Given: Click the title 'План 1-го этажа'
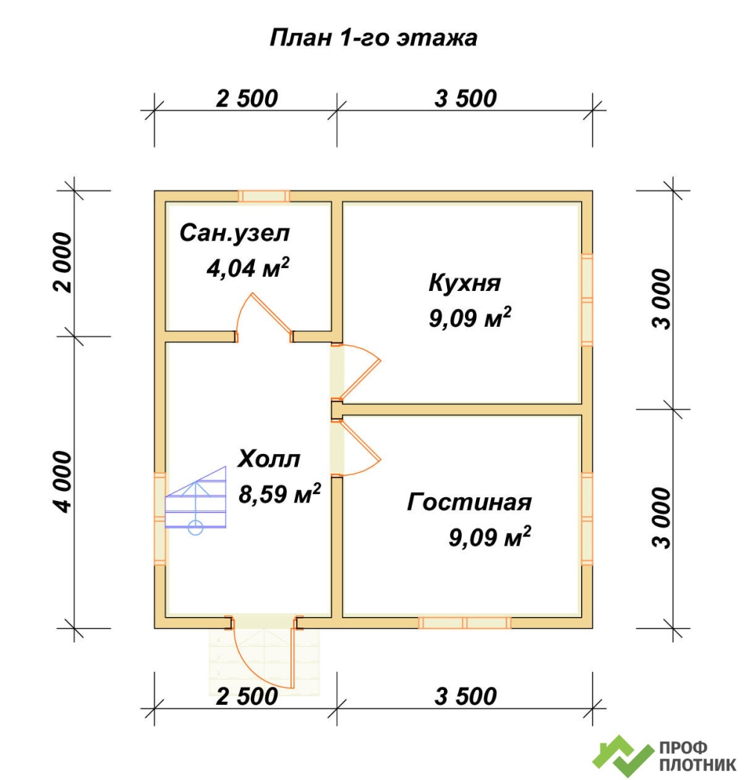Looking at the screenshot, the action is [x=373, y=38].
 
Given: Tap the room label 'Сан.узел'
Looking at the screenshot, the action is [x=235, y=233].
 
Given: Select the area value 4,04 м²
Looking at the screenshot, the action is [x=247, y=268].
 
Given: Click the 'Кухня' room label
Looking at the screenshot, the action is [x=465, y=283].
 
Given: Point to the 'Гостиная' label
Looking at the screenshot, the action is [x=469, y=502].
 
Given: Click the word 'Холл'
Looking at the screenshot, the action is [x=269, y=458].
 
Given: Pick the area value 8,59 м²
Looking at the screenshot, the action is [x=279, y=493].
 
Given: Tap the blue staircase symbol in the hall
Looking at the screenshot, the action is [x=196, y=500].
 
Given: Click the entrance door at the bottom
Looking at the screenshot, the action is [x=264, y=652].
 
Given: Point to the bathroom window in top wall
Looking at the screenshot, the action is [x=264, y=196].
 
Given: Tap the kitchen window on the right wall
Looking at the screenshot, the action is [x=587, y=299].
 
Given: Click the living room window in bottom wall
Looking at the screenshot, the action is [x=465, y=622].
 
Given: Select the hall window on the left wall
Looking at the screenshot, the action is [x=160, y=519].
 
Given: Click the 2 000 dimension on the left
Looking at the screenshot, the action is [x=63, y=262].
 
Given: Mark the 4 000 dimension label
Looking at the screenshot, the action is [x=63, y=482].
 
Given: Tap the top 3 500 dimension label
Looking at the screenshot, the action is [x=465, y=98].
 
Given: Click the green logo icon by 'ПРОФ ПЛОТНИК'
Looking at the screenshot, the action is [x=623, y=755].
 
